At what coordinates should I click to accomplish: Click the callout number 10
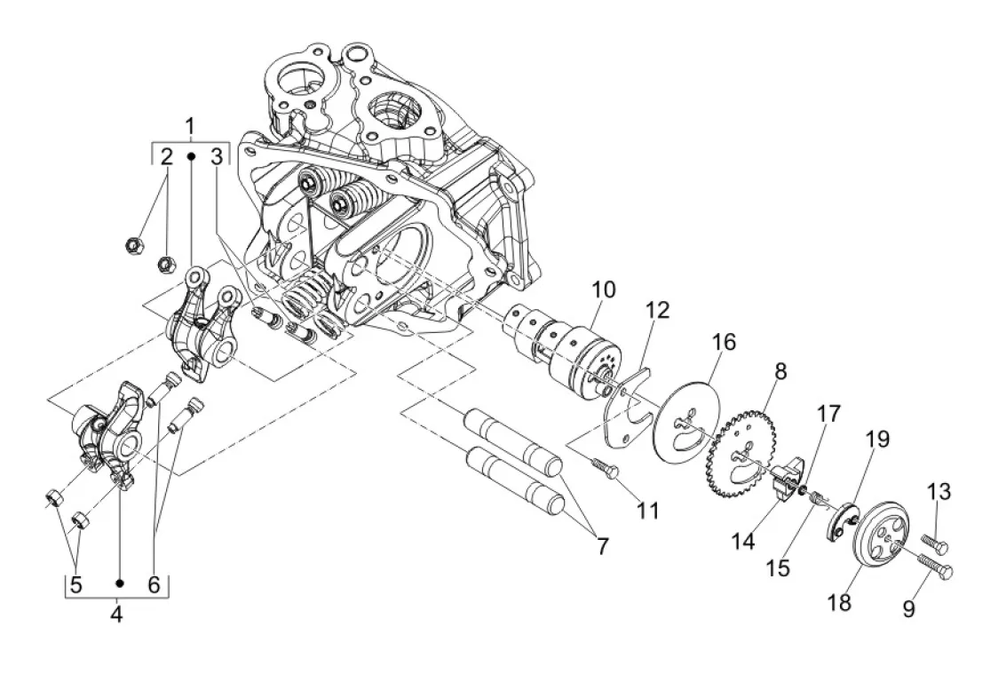click(604, 289)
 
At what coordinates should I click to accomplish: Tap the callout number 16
click(724, 342)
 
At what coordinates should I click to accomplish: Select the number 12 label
click(657, 311)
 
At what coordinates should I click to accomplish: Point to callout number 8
click(780, 371)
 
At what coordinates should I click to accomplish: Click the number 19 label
click(878, 439)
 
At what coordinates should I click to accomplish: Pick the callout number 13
click(939, 492)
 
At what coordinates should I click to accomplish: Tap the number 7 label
click(602, 546)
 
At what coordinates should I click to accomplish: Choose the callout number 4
click(116, 615)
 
